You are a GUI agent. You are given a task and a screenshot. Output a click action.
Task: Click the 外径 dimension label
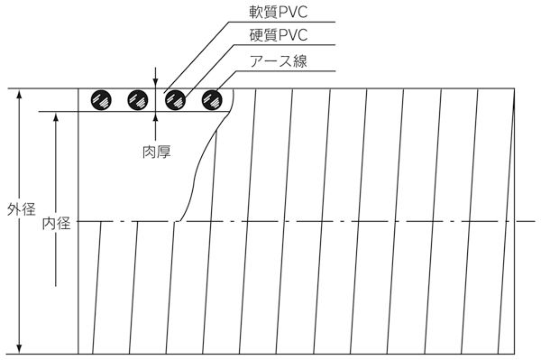20,211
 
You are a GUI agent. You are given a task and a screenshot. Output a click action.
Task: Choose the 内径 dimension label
56,222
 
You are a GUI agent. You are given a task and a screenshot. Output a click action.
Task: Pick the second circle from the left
137,99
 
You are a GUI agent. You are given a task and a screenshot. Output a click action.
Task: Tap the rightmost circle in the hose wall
213,99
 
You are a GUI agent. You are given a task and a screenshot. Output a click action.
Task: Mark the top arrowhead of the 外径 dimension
20,94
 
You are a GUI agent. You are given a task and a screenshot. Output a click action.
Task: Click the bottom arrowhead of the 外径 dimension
20,348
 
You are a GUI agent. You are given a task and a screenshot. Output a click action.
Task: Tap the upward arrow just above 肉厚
157,116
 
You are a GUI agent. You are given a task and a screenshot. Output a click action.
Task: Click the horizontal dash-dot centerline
361,220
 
